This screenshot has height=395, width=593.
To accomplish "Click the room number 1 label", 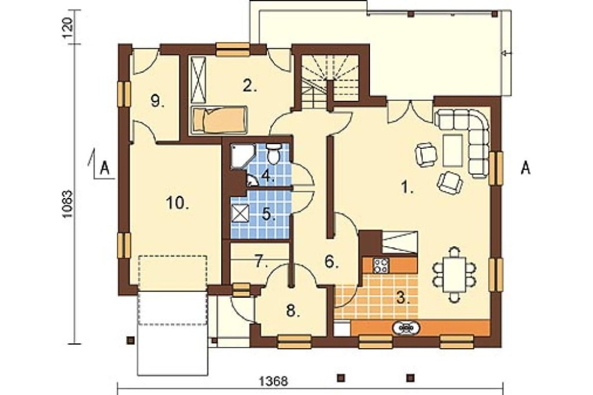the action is (407, 187).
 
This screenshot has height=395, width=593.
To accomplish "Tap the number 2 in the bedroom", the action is (250, 86).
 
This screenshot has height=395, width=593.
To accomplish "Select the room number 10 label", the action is (177, 203).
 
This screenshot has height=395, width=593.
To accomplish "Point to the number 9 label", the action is (157, 101).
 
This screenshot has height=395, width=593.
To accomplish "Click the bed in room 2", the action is (219, 120).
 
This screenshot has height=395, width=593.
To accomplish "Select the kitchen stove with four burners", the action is (381, 265).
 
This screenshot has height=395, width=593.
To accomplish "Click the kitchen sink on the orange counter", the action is (407, 328).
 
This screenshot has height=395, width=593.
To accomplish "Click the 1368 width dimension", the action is (273, 381).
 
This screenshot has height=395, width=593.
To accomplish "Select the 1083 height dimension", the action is (68, 203).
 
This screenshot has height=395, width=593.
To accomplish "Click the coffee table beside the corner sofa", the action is (452, 150).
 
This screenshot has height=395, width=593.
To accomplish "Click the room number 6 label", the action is (331, 262).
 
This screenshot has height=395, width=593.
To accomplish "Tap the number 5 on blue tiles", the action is (268, 215).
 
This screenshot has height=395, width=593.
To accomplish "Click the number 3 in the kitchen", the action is (403, 298).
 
